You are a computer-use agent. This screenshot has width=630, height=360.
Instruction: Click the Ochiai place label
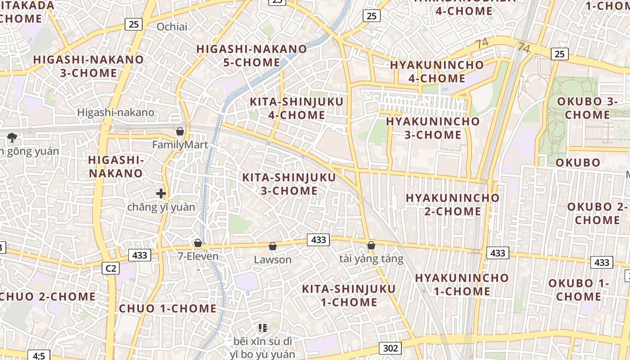point(172,27)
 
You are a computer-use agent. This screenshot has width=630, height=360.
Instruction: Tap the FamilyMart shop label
point(180,145)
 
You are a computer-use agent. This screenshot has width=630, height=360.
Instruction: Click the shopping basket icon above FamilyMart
point(180,131)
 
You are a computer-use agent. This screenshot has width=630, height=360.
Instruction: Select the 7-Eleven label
point(198,256)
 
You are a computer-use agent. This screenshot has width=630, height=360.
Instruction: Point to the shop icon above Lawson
point(272,246)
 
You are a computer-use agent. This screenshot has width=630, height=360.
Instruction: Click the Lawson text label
point(273,260)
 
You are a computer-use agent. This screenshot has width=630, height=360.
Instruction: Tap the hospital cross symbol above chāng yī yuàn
point(161,194)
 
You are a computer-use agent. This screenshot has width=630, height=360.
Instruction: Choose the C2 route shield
point(111,269)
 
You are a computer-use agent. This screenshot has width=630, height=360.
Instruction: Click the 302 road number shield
point(391,348)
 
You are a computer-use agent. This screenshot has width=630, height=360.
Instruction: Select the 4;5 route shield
point(39,356)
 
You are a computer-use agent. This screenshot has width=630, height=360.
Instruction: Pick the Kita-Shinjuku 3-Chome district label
point(289,184)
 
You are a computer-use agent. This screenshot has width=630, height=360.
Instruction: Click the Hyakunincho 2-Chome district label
point(453,204)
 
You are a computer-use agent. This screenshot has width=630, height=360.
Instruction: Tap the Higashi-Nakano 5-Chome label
point(252,55)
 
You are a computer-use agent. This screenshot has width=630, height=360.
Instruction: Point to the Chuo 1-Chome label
point(168,309)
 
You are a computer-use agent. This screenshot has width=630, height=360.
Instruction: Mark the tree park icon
point(12,137)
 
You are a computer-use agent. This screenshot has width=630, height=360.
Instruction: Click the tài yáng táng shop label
point(371,259)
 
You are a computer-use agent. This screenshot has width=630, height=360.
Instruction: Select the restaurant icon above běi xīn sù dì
point(263,328)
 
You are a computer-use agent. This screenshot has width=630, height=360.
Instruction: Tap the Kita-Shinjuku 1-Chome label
point(349,295)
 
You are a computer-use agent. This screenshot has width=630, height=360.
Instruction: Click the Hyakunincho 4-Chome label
point(437,71)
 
